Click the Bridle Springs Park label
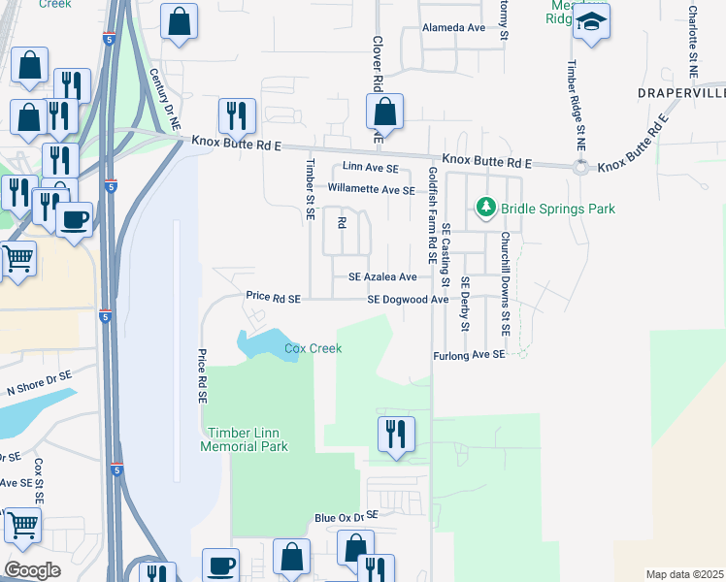tap(558, 209)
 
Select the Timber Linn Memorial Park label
tap(244, 439)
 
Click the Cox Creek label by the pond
tap(313, 348)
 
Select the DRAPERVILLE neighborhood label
tap(680, 93)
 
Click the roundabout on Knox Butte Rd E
tap(580, 167)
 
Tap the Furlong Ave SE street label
tap(470, 356)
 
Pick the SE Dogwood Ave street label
tap(408, 300)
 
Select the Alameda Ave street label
tap(453, 28)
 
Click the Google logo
tap(32, 569)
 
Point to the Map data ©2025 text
tap(685, 574)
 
